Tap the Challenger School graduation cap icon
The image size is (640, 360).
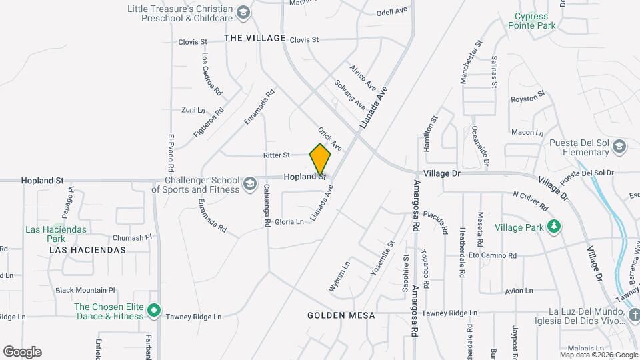[x=249, y=183]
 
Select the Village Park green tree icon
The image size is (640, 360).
[x=553, y=227]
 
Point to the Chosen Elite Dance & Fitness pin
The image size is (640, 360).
[x=154, y=311]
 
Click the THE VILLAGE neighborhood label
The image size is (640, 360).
[x=255, y=38]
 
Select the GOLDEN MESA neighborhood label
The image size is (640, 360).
[x=341, y=315]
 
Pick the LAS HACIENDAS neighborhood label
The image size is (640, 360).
[x=87, y=250]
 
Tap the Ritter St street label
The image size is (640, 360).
[x=276, y=155]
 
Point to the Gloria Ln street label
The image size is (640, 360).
[x=289, y=221]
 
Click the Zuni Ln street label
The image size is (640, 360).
[x=193, y=110]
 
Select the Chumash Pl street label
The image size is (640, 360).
[x=133, y=237]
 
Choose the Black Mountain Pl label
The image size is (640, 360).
[x=85, y=290]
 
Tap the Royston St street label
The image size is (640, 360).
[x=528, y=99]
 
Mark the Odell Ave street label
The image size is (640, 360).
[x=391, y=12]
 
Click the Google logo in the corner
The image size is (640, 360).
[x=22, y=351]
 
